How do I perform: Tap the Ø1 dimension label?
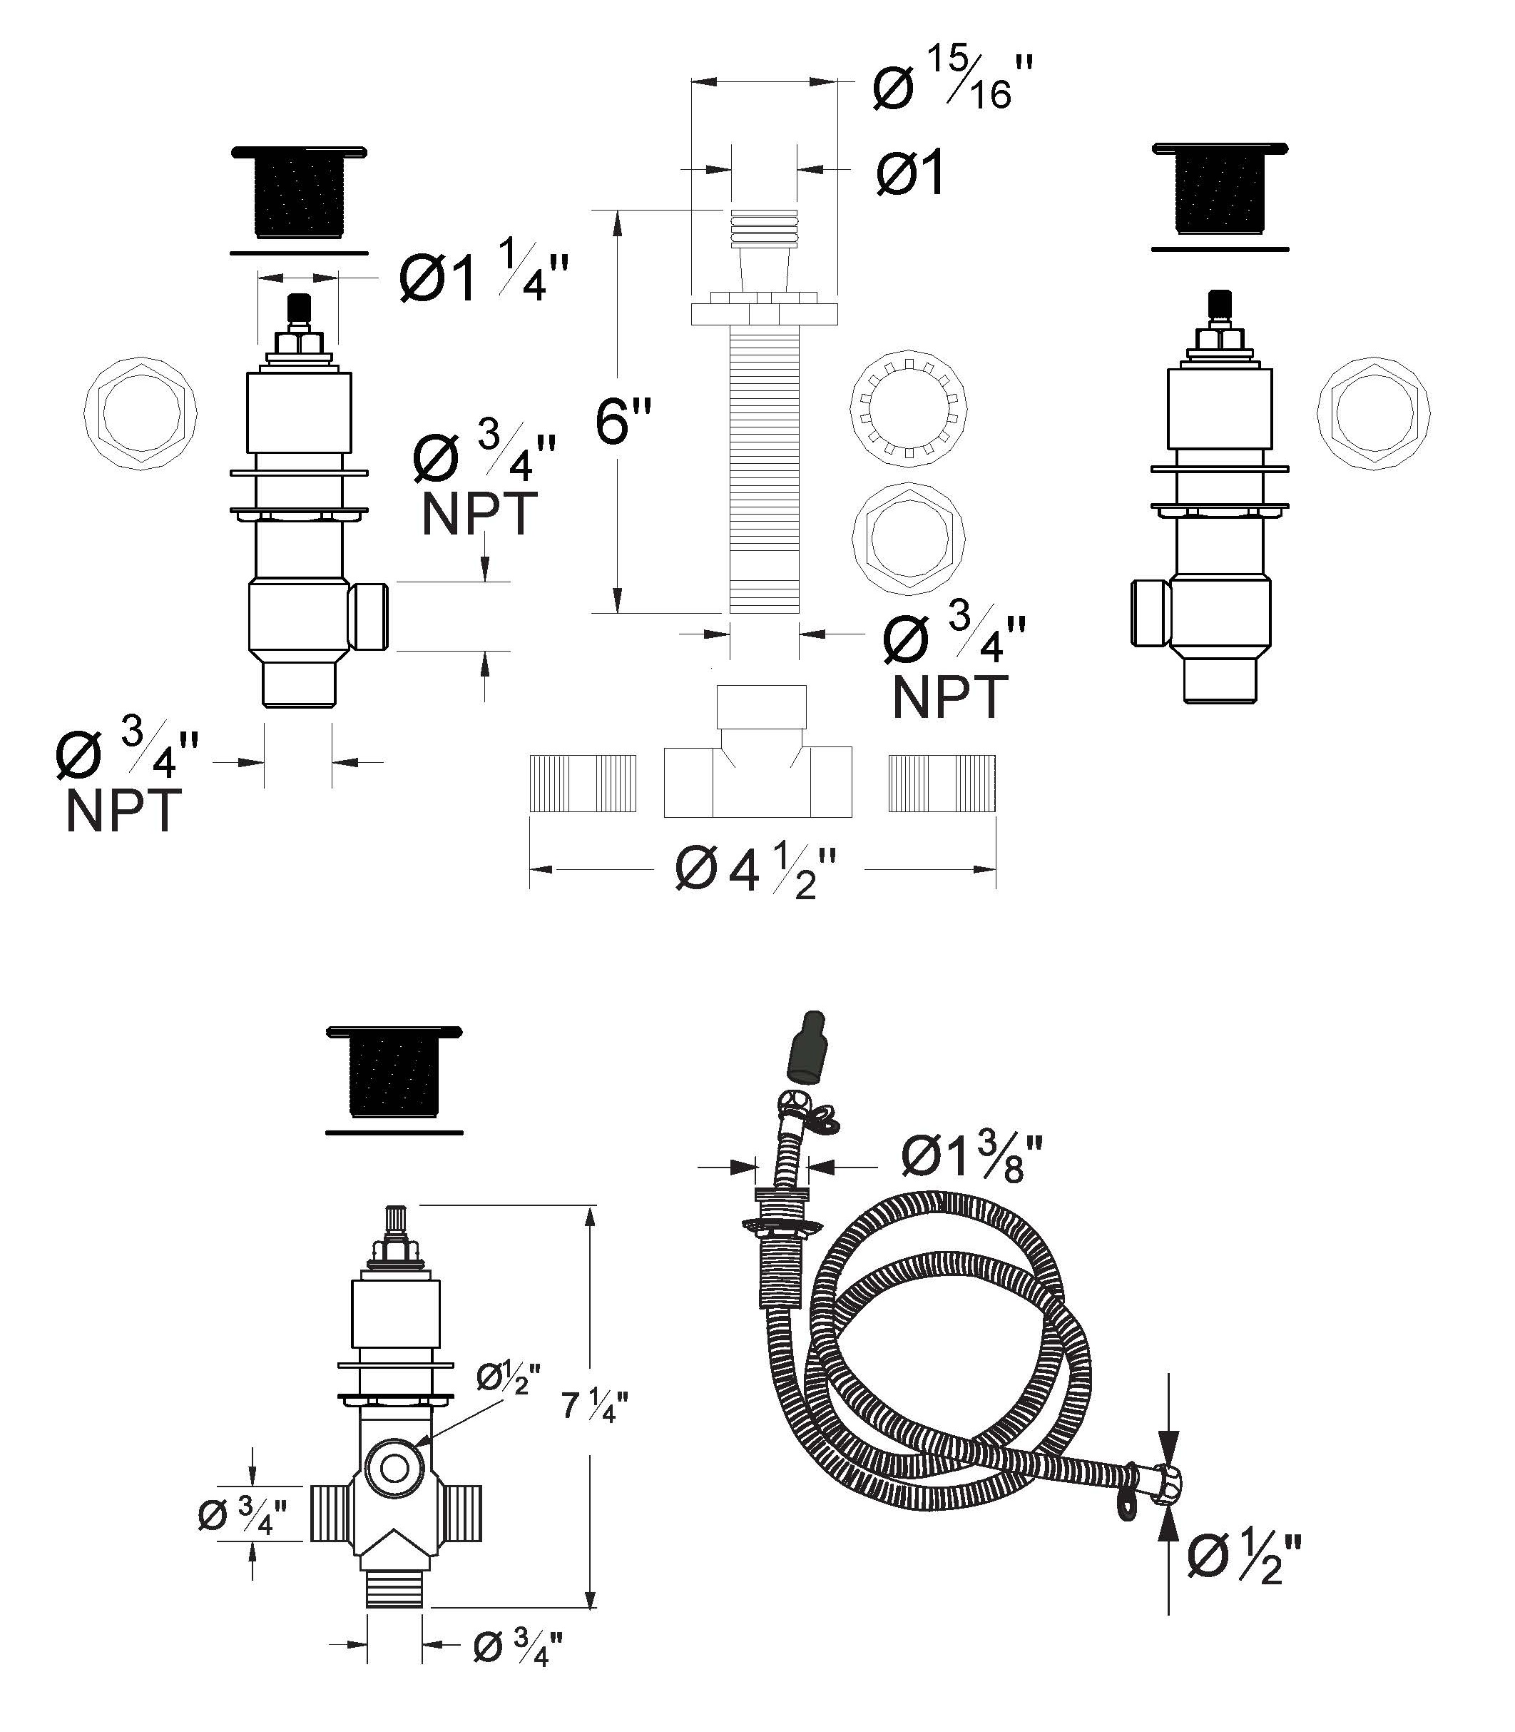[x=909, y=173]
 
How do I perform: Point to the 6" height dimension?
[x=624, y=420]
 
